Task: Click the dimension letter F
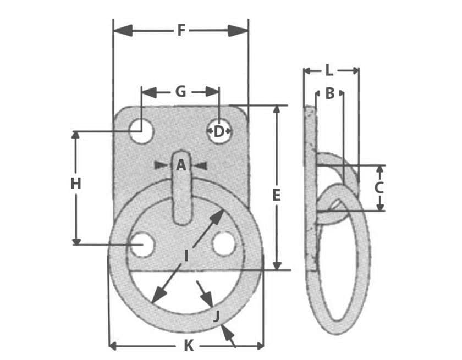181,30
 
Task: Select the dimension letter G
180,92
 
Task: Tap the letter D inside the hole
219,131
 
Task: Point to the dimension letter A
181,165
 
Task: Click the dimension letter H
76,184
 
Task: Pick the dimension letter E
277,195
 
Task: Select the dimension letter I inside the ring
186,255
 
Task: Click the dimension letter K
189,346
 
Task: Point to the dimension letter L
329,70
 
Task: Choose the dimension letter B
329,94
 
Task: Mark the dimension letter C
379,188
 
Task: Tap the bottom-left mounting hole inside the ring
141,244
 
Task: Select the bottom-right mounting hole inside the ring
224,244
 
